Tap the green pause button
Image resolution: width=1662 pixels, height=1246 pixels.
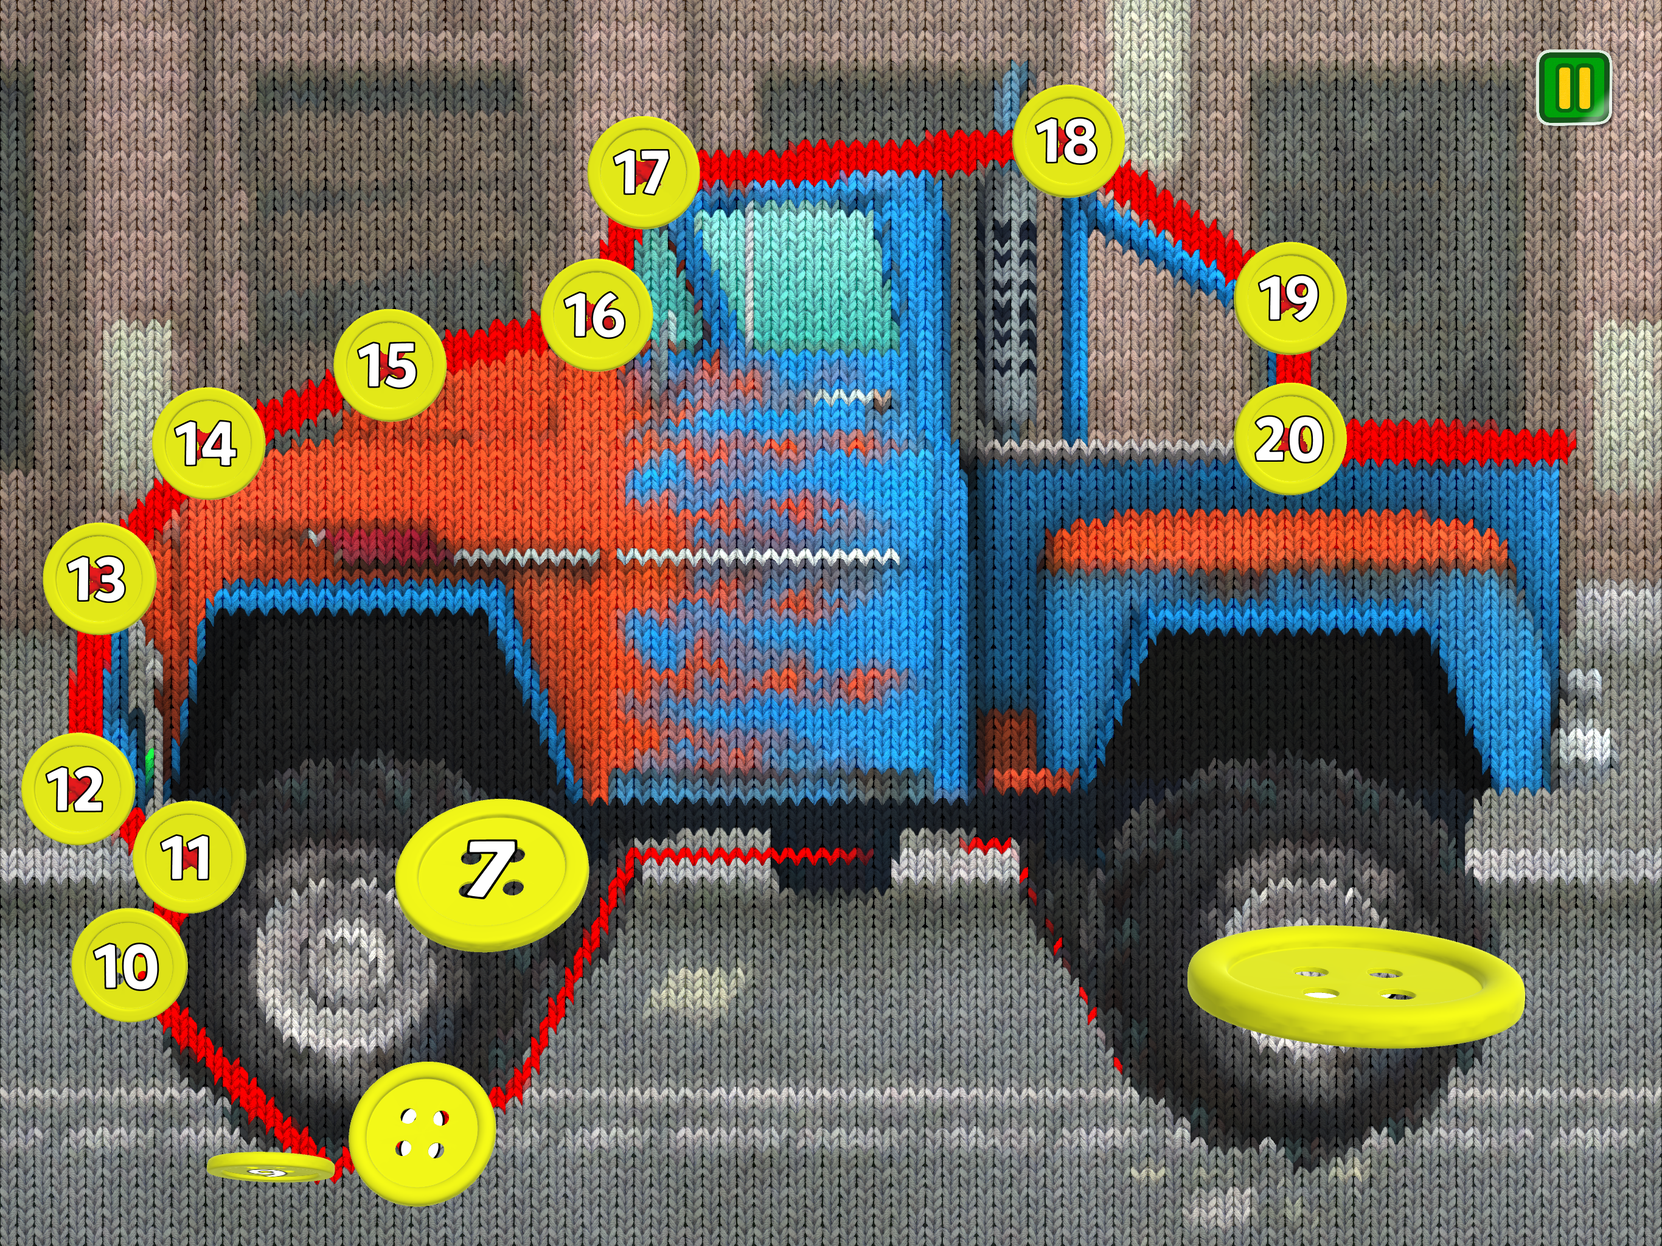point(1574,87)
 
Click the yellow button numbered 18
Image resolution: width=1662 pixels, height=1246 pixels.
point(1068,141)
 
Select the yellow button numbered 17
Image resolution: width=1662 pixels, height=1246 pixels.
point(643,172)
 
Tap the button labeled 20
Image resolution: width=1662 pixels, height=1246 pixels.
point(1289,439)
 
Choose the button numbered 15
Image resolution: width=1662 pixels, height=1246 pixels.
point(389,365)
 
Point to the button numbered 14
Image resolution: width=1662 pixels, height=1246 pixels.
point(208,444)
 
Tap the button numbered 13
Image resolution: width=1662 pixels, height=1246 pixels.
point(99,579)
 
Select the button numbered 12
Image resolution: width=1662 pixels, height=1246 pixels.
point(78,788)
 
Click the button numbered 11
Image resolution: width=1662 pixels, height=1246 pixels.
point(189,857)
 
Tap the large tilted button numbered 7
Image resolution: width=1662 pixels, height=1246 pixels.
point(492,875)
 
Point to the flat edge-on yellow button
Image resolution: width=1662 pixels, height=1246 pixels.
point(271,1167)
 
